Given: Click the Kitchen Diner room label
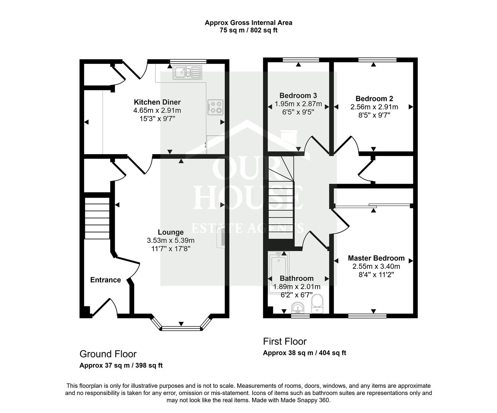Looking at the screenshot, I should [x=157, y=102].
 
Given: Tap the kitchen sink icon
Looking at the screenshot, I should [x=187, y=72].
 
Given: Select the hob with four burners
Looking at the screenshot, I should [x=215, y=107].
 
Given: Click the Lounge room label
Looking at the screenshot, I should [x=171, y=232].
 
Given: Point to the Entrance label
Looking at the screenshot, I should [x=105, y=280].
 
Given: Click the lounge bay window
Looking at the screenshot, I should [x=181, y=328].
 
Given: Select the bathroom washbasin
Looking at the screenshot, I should [x=298, y=307].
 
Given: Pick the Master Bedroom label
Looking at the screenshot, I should [x=376, y=258].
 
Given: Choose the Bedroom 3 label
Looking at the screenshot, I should [x=298, y=96].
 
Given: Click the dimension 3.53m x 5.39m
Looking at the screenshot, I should [x=171, y=241].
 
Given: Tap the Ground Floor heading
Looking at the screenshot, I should [x=108, y=354].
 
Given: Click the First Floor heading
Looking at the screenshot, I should [x=285, y=341].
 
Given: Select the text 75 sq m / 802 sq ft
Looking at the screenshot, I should [x=248, y=30].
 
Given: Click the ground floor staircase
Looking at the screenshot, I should [x=97, y=218].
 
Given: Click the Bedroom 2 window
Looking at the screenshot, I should [x=377, y=60].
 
